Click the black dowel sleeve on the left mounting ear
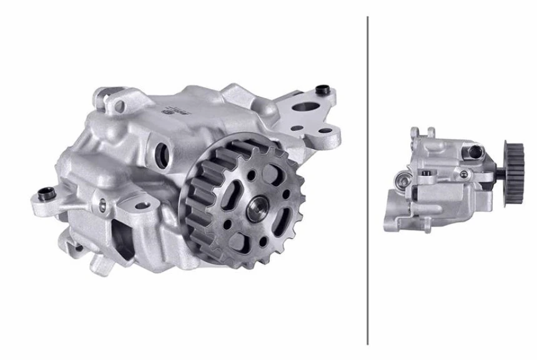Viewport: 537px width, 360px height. [44, 193]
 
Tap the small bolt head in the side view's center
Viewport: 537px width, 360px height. [426, 173]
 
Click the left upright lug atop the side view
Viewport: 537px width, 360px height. [415, 133]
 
